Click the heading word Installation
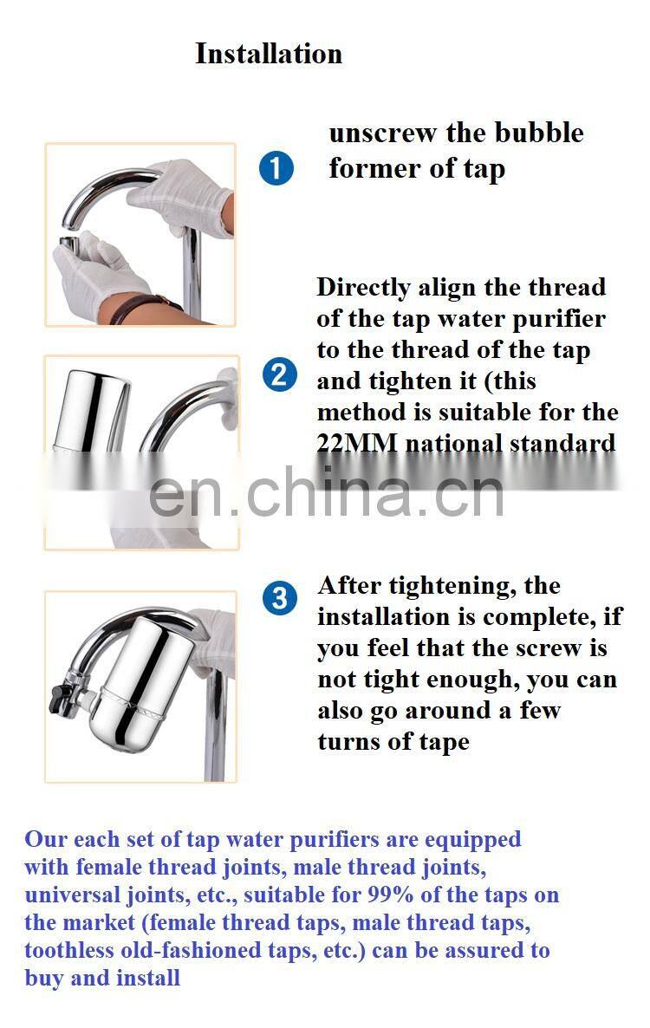tap(269, 54)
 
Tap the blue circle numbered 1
tap(276, 167)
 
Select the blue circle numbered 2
tap(280, 375)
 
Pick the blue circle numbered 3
tap(280, 598)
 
